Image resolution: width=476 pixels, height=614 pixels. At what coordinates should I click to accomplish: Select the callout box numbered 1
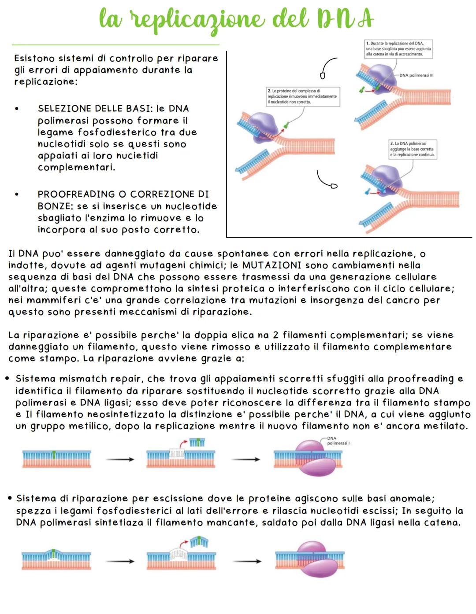pos(398,49)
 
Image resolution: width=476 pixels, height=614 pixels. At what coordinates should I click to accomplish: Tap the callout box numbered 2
pos(303,96)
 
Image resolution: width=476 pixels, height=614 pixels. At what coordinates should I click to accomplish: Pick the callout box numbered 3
pos(413,149)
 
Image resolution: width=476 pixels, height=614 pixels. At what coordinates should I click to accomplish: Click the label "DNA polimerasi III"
pos(416,76)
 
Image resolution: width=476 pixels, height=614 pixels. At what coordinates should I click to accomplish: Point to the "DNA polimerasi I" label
pos(338,441)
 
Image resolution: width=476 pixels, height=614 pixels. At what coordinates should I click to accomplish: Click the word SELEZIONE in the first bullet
pos(67,109)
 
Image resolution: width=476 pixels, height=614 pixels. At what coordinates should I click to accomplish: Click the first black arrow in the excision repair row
pos(119,561)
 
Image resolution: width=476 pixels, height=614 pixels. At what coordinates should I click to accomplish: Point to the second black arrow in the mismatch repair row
pos(246,460)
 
